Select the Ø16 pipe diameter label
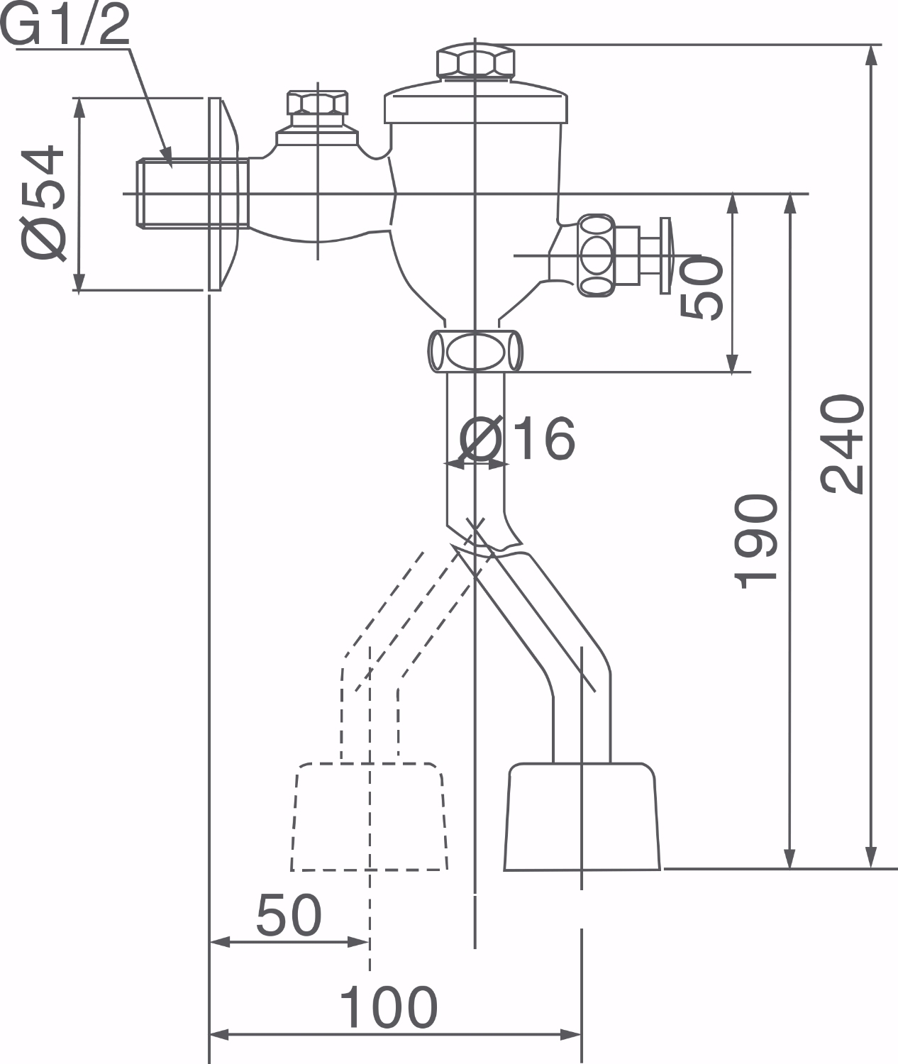click(x=517, y=438)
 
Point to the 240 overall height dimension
click(x=843, y=443)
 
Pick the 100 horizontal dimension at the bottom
click(x=388, y=1007)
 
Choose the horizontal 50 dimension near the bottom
click(x=289, y=915)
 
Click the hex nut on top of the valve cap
click(x=475, y=62)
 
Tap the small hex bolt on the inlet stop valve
click(x=317, y=103)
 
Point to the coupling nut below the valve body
click(x=475, y=350)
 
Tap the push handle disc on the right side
click(x=665, y=255)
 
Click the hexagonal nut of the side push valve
click(x=596, y=255)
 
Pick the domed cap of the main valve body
click(x=475, y=103)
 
